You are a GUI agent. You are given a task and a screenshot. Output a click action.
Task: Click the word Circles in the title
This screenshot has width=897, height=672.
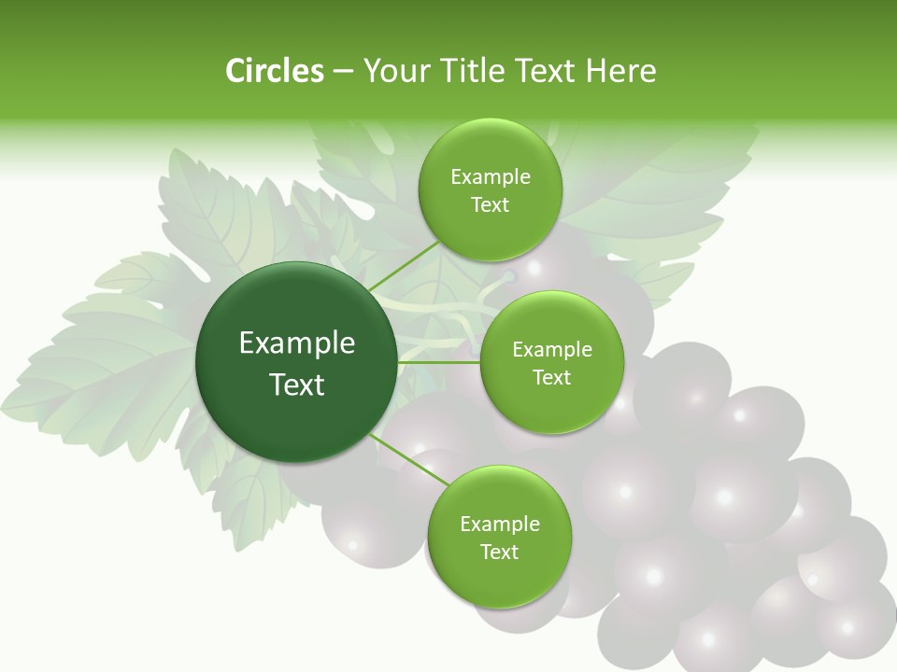click(274, 71)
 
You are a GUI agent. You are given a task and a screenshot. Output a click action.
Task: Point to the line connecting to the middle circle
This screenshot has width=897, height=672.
click(439, 361)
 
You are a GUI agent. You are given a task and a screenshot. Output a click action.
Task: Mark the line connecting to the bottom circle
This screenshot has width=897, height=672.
click(406, 457)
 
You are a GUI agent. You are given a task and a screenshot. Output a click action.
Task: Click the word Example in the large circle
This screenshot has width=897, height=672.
click(296, 343)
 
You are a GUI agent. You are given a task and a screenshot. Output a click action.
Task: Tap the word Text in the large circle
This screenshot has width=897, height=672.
click(296, 385)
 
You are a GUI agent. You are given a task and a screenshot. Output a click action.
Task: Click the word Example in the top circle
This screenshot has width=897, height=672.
click(490, 177)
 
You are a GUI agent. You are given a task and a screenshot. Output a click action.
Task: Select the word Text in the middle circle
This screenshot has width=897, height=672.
click(551, 377)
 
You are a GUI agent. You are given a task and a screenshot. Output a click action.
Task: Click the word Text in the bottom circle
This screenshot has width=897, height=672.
click(499, 552)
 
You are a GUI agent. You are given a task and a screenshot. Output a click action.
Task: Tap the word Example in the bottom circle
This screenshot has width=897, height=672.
click(499, 525)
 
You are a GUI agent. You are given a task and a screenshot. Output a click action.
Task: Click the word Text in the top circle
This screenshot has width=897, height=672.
click(490, 205)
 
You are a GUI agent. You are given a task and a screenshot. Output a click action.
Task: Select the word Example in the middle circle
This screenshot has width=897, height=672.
click(551, 350)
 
